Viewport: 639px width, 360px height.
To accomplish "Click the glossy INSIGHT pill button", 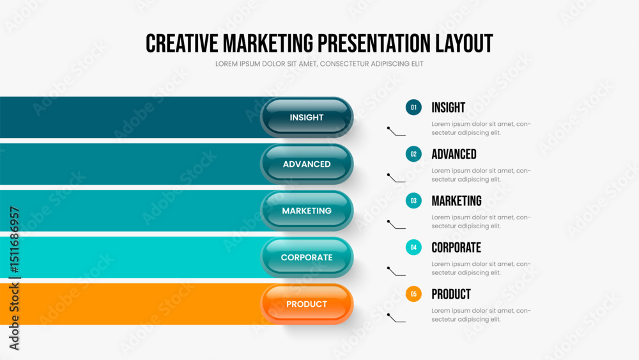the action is point(307,118).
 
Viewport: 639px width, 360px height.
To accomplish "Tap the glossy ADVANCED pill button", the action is point(307,164).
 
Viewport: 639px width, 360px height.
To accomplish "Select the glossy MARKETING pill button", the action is point(307,211).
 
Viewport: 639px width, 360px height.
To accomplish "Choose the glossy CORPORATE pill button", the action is point(307,257).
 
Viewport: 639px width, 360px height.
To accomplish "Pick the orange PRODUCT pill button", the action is point(307,304).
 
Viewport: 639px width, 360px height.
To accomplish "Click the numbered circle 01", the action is point(413,107).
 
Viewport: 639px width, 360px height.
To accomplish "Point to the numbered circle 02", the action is point(413,154).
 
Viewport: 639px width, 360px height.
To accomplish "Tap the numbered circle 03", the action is point(413,201).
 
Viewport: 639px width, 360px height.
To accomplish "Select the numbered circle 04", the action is point(413,247).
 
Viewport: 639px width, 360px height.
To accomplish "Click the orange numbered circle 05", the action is point(413,294).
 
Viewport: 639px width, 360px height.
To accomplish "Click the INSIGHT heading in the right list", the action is point(449,107).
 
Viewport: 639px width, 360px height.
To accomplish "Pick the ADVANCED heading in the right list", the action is point(454,154).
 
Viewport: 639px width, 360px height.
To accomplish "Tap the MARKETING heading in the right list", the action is point(456,201).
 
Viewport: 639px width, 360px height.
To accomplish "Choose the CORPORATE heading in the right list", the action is point(456,247).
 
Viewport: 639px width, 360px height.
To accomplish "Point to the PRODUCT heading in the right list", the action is point(451,294).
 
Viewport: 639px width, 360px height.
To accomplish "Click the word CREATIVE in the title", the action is point(181,43).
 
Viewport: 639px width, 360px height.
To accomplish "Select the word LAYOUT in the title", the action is point(464,43).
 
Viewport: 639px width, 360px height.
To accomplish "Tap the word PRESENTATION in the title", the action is point(374,43).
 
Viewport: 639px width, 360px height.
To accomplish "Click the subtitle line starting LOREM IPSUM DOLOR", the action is point(319,64).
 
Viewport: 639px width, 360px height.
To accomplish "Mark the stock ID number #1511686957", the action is point(14,240).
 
